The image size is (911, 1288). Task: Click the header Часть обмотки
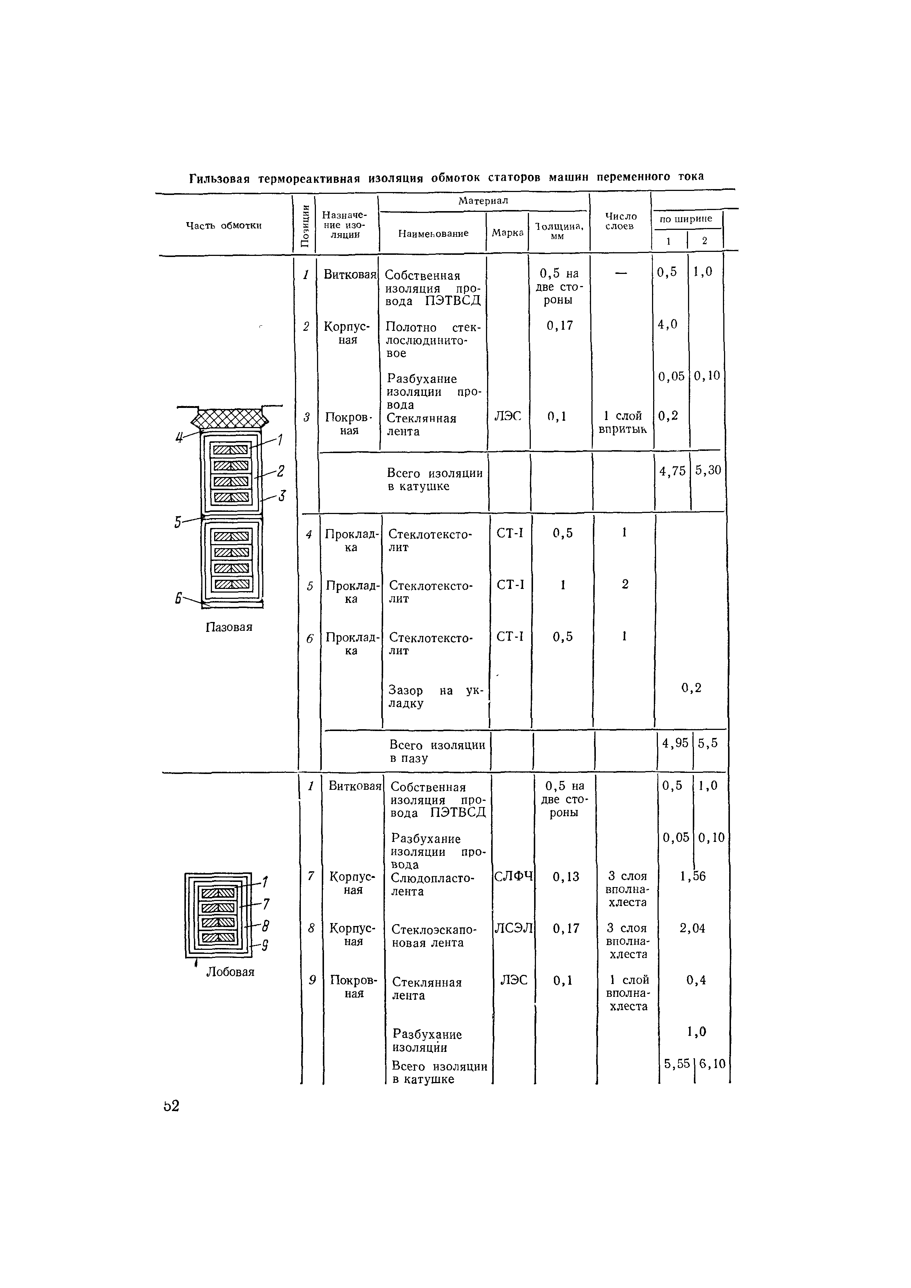click(x=224, y=225)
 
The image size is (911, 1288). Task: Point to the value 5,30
click(x=708, y=470)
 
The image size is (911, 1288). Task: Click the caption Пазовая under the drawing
click(x=229, y=627)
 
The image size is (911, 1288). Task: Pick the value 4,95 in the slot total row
click(x=675, y=743)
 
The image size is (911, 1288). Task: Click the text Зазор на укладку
click(x=436, y=697)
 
